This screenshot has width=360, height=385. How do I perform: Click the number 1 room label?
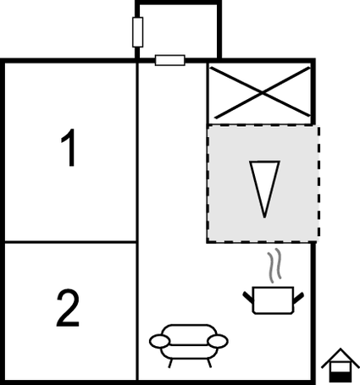point(69,147)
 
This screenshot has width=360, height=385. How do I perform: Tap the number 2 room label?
point(68,308)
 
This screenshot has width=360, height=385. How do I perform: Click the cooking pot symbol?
point(273,300)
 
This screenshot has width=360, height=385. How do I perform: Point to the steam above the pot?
point(274,266)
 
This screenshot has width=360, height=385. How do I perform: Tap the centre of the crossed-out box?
point(263,93)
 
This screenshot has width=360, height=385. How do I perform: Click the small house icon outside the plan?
point(341,366)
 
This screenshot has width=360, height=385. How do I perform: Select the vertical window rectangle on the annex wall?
point(137,32)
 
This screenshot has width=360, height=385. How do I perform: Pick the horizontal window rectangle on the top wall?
point(170,60)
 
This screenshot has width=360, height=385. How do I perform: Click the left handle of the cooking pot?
point(247,298)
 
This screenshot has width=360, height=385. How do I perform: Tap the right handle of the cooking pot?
point(299,298)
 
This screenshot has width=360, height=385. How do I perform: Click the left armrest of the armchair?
point(160,341)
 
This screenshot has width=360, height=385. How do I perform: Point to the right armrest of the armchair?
point(218,341)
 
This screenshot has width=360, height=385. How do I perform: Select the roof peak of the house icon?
point(341,349)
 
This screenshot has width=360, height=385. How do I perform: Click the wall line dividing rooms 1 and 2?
point(70,242)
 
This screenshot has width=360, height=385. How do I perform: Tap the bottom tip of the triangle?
point(264,217)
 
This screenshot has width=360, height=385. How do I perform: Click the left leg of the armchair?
point(170,363)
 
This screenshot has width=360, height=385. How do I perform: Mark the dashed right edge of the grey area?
point(318,184)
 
